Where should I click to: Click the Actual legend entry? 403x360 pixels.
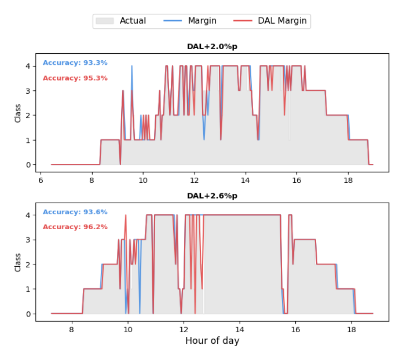pyautogui.click(x=133, y=21)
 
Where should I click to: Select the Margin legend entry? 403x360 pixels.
pyautogui.click(x=202, y=21)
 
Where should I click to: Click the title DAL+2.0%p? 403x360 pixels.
pyautogui.click(x=212, y=46)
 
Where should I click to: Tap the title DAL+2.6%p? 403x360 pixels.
pyautogui.click(x=212, y=196)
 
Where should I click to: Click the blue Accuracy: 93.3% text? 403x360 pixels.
pyautogui.click(x=75, y=63)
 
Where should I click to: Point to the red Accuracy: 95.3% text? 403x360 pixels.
pyautogui.click(x=75, y=78)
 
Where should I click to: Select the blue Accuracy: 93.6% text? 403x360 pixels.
pyautogui.click(x=75, y=212)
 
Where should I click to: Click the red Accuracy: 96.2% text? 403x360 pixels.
pyautogui.click(x=75, y=227)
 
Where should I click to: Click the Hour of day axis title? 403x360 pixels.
pyautogui.click(x=212, y=341)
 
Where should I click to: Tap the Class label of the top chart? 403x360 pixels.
pyautogui.click(x=18, y=113)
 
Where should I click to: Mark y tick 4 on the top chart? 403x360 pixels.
pyautogui.click(x=27, y=66)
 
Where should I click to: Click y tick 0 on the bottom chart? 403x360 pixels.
pyautogui.click(x=27, y=314)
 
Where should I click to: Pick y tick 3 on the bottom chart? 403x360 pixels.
pyautogui.click(x=27, y=240)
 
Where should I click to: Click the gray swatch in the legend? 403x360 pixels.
pyautogui.click(x=105, y=21)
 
